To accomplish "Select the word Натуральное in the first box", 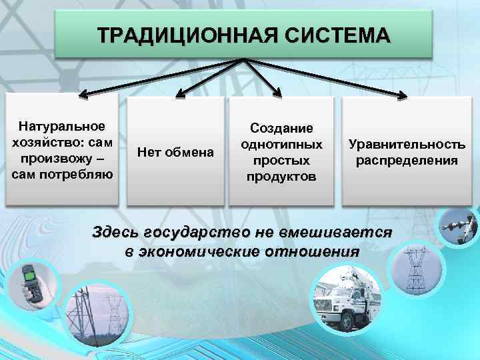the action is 62,125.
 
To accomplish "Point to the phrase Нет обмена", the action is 176,153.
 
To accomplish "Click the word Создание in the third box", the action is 281,127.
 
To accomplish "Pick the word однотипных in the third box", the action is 281,144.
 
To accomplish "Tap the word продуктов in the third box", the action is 281,177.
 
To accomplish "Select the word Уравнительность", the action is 407,145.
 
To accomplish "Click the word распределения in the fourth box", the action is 407,161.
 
